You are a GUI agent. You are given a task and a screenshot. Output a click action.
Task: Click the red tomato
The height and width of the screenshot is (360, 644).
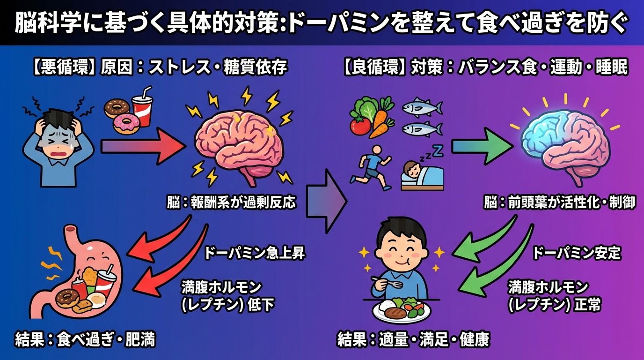click(360, 125)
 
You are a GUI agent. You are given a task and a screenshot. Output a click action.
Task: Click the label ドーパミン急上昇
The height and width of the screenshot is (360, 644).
click(255, 254)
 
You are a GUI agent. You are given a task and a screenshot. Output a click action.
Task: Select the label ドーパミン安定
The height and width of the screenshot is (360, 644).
click(577, 254)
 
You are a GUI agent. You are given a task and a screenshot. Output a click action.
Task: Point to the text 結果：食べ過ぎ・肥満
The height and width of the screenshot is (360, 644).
click(85, 339)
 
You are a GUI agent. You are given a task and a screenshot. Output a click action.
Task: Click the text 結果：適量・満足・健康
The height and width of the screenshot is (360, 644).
click(413, 339)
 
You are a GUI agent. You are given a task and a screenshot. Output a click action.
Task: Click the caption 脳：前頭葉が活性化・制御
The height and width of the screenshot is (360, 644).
click(560, 202)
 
